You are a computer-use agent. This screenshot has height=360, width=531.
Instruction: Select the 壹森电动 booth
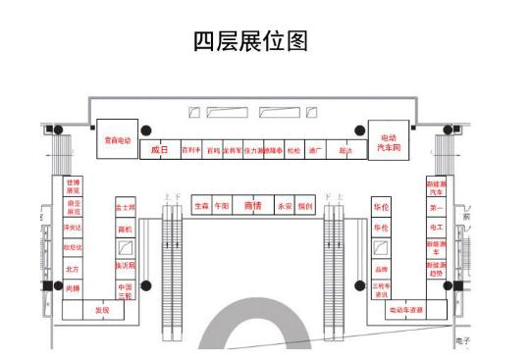(x=118, y=139)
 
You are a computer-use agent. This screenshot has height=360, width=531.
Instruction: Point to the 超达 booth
(x=345, y=151)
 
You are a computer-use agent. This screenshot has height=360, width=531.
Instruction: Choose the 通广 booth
(x=314, y=151)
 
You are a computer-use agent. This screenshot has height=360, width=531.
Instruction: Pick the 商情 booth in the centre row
(x=253, y=207)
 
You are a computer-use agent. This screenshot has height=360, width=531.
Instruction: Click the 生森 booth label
(x=201, y=207)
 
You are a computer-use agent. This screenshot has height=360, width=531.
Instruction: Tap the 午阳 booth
(x=224, y=207)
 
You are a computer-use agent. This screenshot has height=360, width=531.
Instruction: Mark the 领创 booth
(x=305, y=207)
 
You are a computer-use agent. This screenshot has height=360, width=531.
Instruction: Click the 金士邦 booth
(x=125, y=208)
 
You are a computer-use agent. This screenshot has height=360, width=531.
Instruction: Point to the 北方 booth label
(x=72, y=268)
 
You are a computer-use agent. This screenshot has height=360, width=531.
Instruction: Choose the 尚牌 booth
(x=72, y=289)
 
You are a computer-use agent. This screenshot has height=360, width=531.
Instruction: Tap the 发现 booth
(x=102, y=310)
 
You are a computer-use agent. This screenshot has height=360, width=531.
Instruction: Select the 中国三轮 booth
(x=125, y=289)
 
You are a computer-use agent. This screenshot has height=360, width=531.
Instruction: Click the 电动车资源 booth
(x=404, y=310)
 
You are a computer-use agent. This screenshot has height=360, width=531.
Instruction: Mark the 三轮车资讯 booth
(x=381, y=289)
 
